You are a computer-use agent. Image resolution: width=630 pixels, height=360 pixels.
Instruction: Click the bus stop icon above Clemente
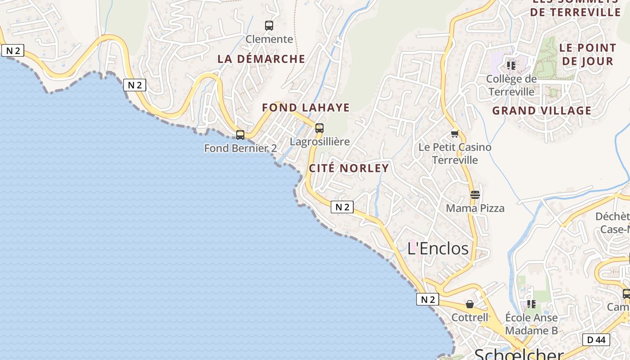tap(269, 26)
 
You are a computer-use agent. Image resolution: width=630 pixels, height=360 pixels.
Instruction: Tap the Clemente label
tap(269, 39)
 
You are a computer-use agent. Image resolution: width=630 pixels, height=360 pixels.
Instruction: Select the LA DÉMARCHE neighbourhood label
tap(261, 59)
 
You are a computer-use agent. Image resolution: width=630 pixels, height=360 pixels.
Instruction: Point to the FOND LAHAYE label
tap(306, 108)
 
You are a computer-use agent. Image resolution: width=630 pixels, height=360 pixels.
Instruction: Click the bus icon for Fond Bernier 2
tap(240, 135)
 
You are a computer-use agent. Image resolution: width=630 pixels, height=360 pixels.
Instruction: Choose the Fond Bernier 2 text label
tap(240, 148)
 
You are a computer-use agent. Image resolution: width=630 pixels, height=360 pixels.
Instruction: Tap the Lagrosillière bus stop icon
tap(319, 128)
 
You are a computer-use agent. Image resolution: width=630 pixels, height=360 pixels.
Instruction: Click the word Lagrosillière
tap(319, 142)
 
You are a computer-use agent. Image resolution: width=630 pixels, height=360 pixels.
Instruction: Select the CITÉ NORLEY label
tap(349, 168)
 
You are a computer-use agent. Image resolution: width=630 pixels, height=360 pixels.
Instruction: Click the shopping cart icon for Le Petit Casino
tap(455, 134)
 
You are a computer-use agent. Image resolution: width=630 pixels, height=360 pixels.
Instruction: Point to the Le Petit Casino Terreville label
tap(455, 153)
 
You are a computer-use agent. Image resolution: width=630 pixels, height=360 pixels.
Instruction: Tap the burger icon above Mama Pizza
tap(475, 195)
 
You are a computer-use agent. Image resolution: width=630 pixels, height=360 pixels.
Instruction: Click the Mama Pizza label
tap(475, 208)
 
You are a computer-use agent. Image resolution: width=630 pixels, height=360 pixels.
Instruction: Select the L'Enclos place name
tap(438, 248)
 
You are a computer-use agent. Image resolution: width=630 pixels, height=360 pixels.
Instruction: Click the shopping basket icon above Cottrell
tap(470, 304)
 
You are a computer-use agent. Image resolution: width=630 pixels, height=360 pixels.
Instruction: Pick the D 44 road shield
tap(596, 340)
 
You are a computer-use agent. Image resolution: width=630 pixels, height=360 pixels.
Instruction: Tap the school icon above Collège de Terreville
tap(511, 65)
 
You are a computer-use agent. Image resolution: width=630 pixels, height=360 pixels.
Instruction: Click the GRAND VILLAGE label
tap(542, 111)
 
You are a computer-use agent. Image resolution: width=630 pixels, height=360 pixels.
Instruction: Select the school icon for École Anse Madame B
tap(531, 304)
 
